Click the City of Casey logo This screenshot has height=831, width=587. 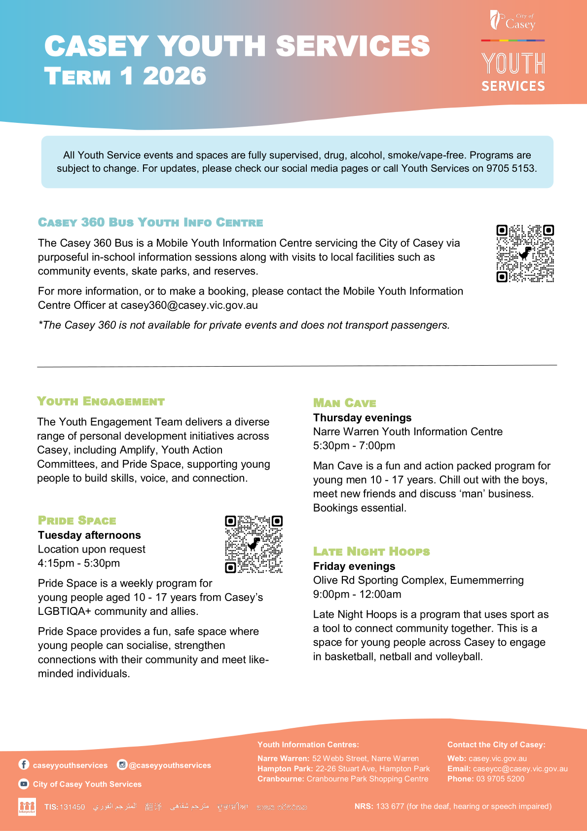point(513,21)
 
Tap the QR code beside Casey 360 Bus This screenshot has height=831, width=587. point(525,253)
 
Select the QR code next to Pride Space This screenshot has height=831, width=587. point(254,544)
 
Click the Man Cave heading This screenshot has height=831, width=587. point(344,403)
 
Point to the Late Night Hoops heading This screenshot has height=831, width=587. point(371,551)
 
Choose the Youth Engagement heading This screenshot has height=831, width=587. point(101,401)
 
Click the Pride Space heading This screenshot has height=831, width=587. point(77,521)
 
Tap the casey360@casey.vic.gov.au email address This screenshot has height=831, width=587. point(189,305)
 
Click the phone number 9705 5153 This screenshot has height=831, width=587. point(511,168)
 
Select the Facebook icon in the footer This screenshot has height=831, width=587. point(24,764)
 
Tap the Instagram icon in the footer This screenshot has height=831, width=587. point(122,764)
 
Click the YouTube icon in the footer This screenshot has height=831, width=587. point(24,784)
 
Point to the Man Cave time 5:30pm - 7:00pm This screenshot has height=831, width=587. point(354,446)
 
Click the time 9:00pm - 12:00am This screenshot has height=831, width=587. point(357,594)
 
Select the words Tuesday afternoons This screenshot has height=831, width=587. point(89,535)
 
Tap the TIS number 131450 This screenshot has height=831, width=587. point(72,807)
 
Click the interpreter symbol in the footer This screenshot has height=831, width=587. point(27,806)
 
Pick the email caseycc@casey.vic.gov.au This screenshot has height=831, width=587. point(520,769)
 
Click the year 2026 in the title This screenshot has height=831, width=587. point(174,76)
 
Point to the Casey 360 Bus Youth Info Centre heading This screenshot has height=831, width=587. point(150,223)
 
